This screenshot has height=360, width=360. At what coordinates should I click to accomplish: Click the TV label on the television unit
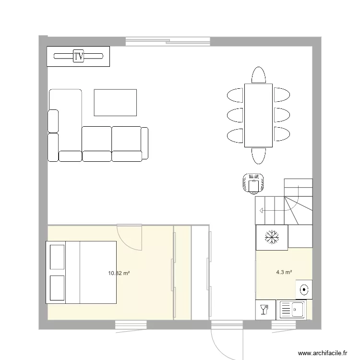tap(79, 56)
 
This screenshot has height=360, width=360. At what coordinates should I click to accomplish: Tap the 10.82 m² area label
tap(119, 273)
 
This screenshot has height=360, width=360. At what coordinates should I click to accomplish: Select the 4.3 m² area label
tap(284, 272)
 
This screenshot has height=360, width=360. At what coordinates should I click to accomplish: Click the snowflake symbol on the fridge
tap(272, 237)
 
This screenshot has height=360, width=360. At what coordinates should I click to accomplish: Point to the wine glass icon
tap(264, 309)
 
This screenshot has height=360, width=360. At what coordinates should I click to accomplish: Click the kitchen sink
tap(291, 309)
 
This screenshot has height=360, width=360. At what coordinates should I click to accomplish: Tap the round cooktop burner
tap(304, 289)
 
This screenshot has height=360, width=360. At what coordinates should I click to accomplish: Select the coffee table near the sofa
tap(115, 102)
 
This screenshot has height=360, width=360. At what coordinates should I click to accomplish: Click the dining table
tap(258, 115)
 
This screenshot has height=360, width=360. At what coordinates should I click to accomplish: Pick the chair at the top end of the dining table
tap(258, 75)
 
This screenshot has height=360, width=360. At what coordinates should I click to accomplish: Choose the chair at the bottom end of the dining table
tap(258, 156)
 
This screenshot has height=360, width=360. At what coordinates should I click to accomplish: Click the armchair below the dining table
tap(253, 183)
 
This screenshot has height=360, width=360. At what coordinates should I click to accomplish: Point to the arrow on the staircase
tap(261, 210)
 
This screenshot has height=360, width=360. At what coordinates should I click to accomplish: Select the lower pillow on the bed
tap(57, 288)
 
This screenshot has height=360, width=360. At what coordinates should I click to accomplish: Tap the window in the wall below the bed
tap(131, 325)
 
